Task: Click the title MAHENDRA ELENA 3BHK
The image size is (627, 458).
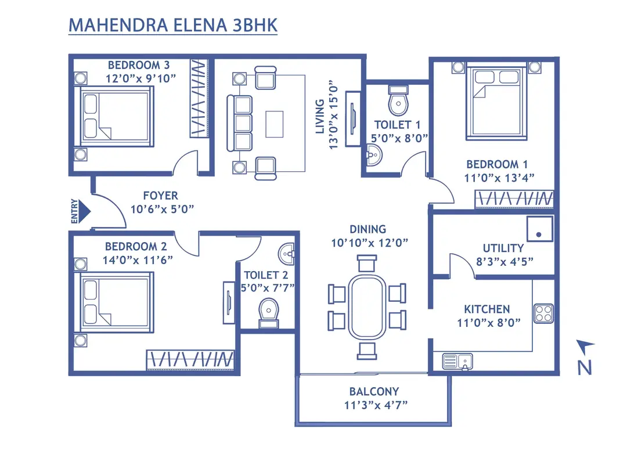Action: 172,26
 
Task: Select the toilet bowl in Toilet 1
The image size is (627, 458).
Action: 398,102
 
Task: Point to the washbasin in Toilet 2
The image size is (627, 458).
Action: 287,253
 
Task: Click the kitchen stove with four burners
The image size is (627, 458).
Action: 543,313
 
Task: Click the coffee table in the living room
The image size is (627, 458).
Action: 275,124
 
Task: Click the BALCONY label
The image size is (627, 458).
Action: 374,391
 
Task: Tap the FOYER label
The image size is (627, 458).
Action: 160,196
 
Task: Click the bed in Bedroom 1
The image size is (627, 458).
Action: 496,102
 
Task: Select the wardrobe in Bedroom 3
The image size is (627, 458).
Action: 199,98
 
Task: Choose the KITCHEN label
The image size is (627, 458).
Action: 487,309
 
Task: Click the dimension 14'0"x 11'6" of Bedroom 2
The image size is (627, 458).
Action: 139,260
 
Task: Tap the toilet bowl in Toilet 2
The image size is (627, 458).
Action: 268,310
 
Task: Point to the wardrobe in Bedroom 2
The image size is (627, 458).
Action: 190,360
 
